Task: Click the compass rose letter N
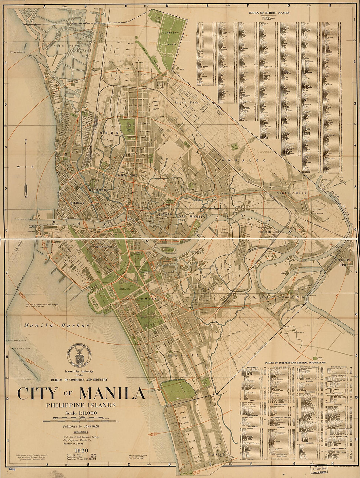(x=25, y=141)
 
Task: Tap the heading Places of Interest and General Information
(x=295, y=363)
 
